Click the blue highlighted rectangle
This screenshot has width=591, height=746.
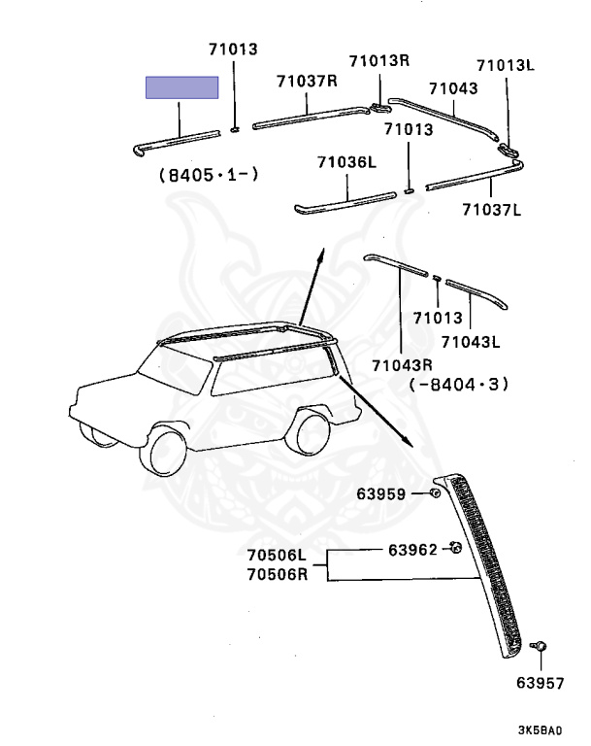pos(181,87)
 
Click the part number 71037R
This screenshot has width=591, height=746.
pos(306,82)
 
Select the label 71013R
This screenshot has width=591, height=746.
pos(379,60)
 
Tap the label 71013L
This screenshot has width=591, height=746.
pos(506,65)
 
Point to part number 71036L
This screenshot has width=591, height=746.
pos(345,163)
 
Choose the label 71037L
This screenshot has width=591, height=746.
pos(491,208)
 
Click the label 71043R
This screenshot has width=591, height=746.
pos(401,365)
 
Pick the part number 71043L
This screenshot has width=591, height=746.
pos(470,342)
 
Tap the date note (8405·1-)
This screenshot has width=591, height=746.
pos(208,176)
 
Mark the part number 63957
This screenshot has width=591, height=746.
pos(540,683)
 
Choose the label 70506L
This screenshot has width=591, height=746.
pos(275,556)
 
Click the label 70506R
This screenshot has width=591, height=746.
pos(275,573)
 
